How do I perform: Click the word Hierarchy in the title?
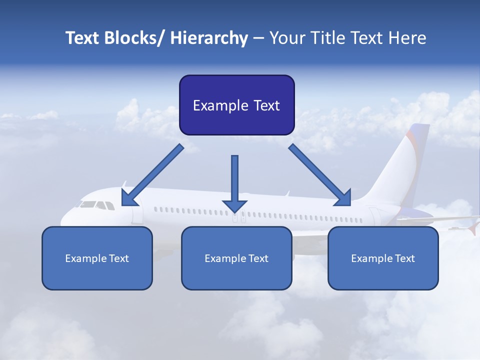click(209, 38)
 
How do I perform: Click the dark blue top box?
click(236, 105)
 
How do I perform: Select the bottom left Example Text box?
click(97, 258)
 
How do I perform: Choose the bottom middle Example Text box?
click(236, 258)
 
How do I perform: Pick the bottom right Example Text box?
click(383, 258)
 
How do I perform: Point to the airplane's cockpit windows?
click(95, 205)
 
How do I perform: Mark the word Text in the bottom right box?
click(404, 258)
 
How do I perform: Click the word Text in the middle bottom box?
click(258, 258)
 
